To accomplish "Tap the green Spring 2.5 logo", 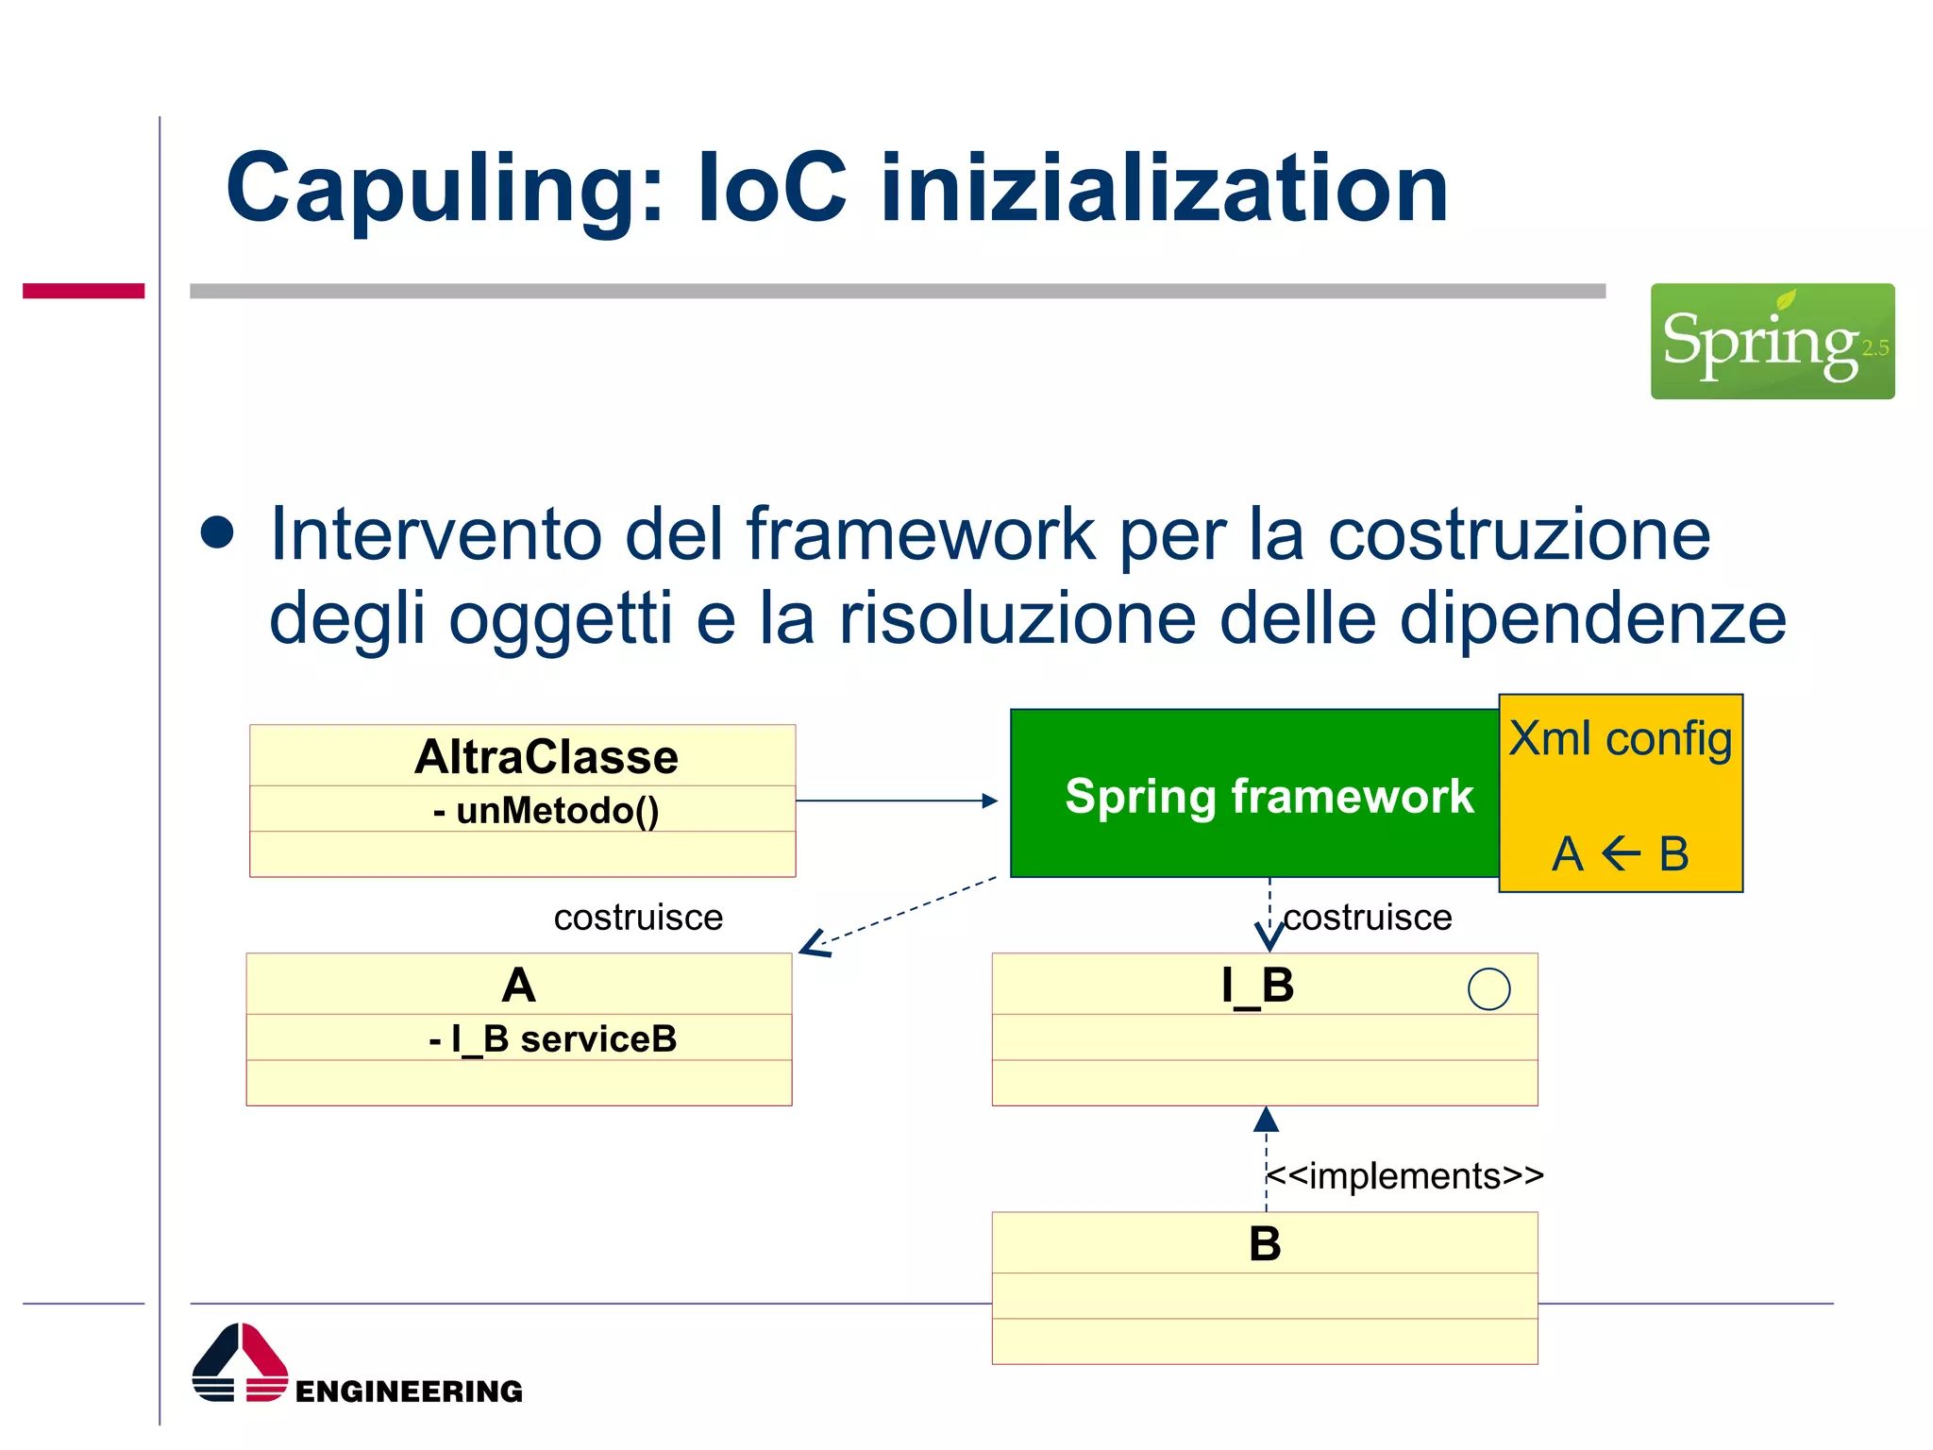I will point(1772,341).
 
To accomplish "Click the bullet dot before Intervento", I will point(217,532).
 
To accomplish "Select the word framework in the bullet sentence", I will point(920,534).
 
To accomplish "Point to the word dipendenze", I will point(1592,618).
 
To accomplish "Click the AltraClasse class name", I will point(546,757).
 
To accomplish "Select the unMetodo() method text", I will point(546,810).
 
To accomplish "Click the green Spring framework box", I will point(1255,795).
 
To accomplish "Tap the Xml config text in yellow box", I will point(1620,738).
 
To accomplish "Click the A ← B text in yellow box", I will point(1620,854).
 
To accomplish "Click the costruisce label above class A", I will point(638,918).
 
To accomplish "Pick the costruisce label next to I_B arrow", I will point(1367,918).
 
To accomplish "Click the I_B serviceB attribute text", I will point(553,1038).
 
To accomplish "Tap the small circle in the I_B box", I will point(1488,989).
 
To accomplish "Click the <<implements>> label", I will point(1404,1176).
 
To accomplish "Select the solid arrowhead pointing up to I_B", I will point(1266,1120).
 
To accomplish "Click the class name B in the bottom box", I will point(1265,1243).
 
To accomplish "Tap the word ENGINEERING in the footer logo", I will point(409,1391).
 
